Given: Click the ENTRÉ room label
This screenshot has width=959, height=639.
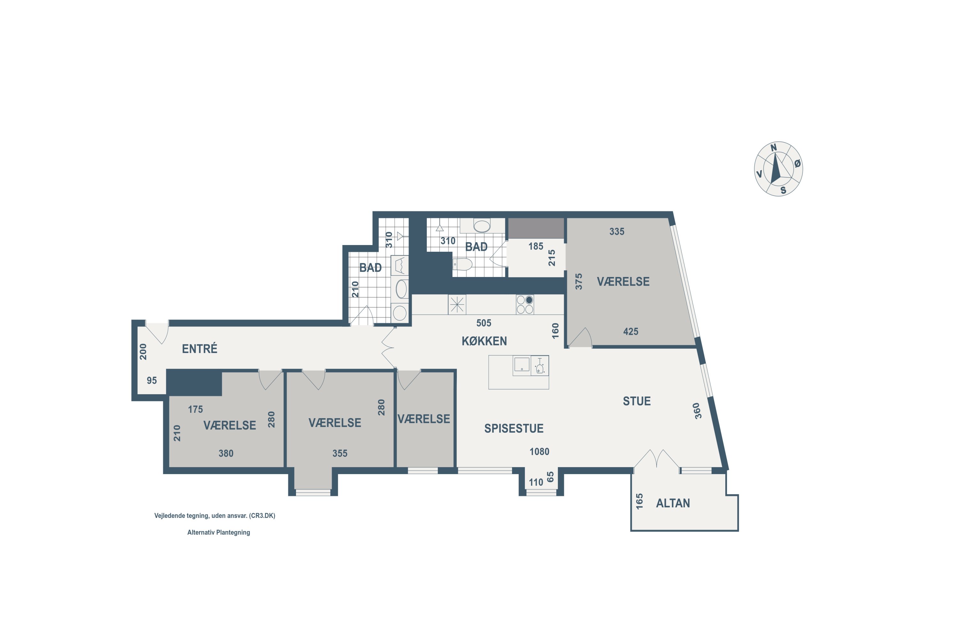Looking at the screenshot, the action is (199, 349).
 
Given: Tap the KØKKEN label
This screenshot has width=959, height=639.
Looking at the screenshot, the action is (484, 341).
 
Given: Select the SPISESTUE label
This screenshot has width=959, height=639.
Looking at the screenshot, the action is (514, 428).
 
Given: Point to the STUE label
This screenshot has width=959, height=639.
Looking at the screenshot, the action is (636, 401).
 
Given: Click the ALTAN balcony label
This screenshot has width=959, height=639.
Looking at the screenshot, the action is (673, 503).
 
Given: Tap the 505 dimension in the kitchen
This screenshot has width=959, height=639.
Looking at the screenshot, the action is (484, 323).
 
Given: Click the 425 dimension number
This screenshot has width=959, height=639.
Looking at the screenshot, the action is (630, 331).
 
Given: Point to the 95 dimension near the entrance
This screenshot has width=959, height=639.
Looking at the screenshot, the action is (152, 380).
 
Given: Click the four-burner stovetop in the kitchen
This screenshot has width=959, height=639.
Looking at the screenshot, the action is (525, 304).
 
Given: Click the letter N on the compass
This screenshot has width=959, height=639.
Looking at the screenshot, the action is (774, 148).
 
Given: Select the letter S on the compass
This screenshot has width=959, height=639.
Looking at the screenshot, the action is (783, 190).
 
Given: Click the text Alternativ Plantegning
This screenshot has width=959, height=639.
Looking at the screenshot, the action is (219, 532).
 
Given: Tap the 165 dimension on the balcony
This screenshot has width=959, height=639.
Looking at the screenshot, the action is (639, 501).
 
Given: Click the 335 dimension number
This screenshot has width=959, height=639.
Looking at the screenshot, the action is (617, 231).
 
